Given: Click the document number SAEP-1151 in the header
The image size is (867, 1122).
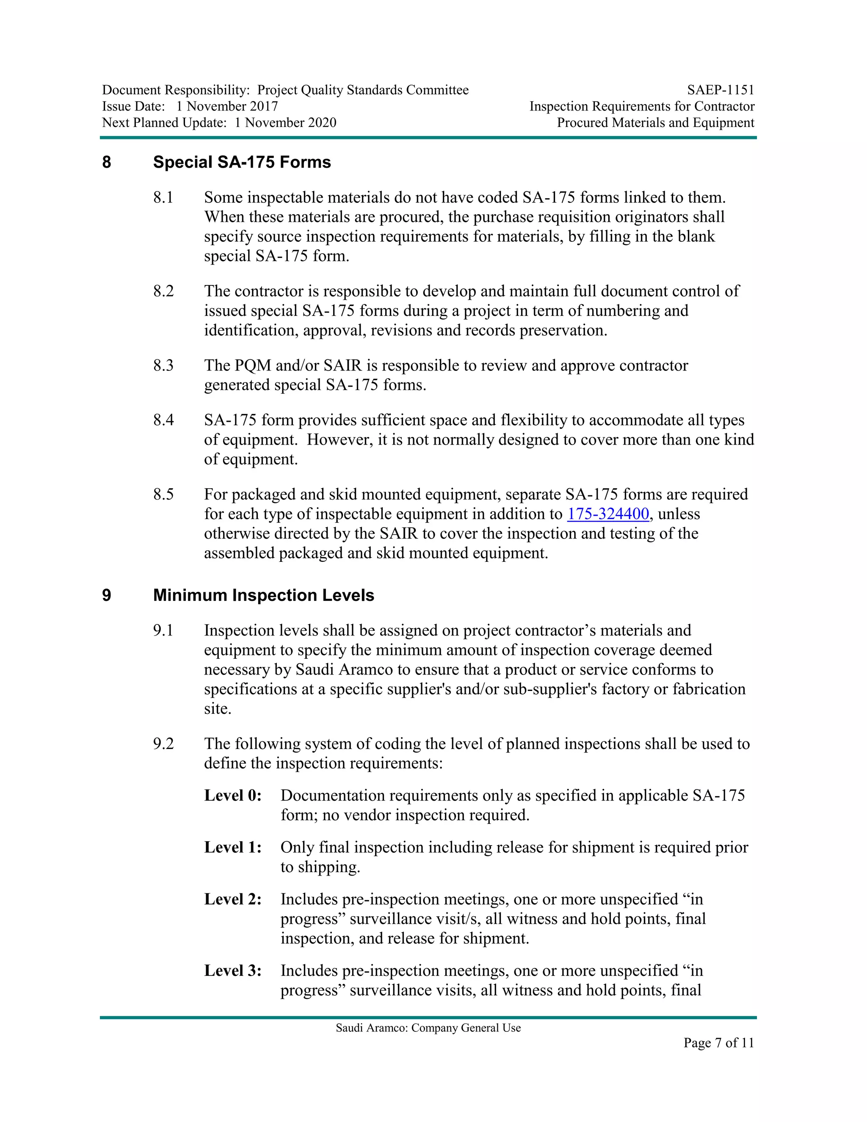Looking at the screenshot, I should (x=721, y=91).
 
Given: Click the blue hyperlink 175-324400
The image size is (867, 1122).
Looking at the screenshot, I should (x=607, y=514).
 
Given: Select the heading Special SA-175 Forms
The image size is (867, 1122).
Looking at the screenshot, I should (x=242, y=162).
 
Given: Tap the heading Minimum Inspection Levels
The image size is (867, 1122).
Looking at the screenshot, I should (x=263, y=595).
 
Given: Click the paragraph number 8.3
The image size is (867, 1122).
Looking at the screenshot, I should (x=163, y=366).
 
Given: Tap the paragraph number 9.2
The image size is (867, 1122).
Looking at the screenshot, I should (x=163, y=744).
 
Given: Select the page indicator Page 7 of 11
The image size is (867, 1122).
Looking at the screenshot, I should (x=718, y=1042).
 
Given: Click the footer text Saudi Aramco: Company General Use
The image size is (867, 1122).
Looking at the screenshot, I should (x=428, y=1028).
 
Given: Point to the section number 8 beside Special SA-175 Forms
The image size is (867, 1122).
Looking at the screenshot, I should (x=106, y=162).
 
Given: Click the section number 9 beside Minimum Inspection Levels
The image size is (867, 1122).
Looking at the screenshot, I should (x=106, y=595).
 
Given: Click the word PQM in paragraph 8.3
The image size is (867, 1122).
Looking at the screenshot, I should (x=252, y=366).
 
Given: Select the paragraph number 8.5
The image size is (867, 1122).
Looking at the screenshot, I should (x=163, y=495).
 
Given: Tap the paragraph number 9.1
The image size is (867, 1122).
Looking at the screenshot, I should (x=163, y=630).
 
